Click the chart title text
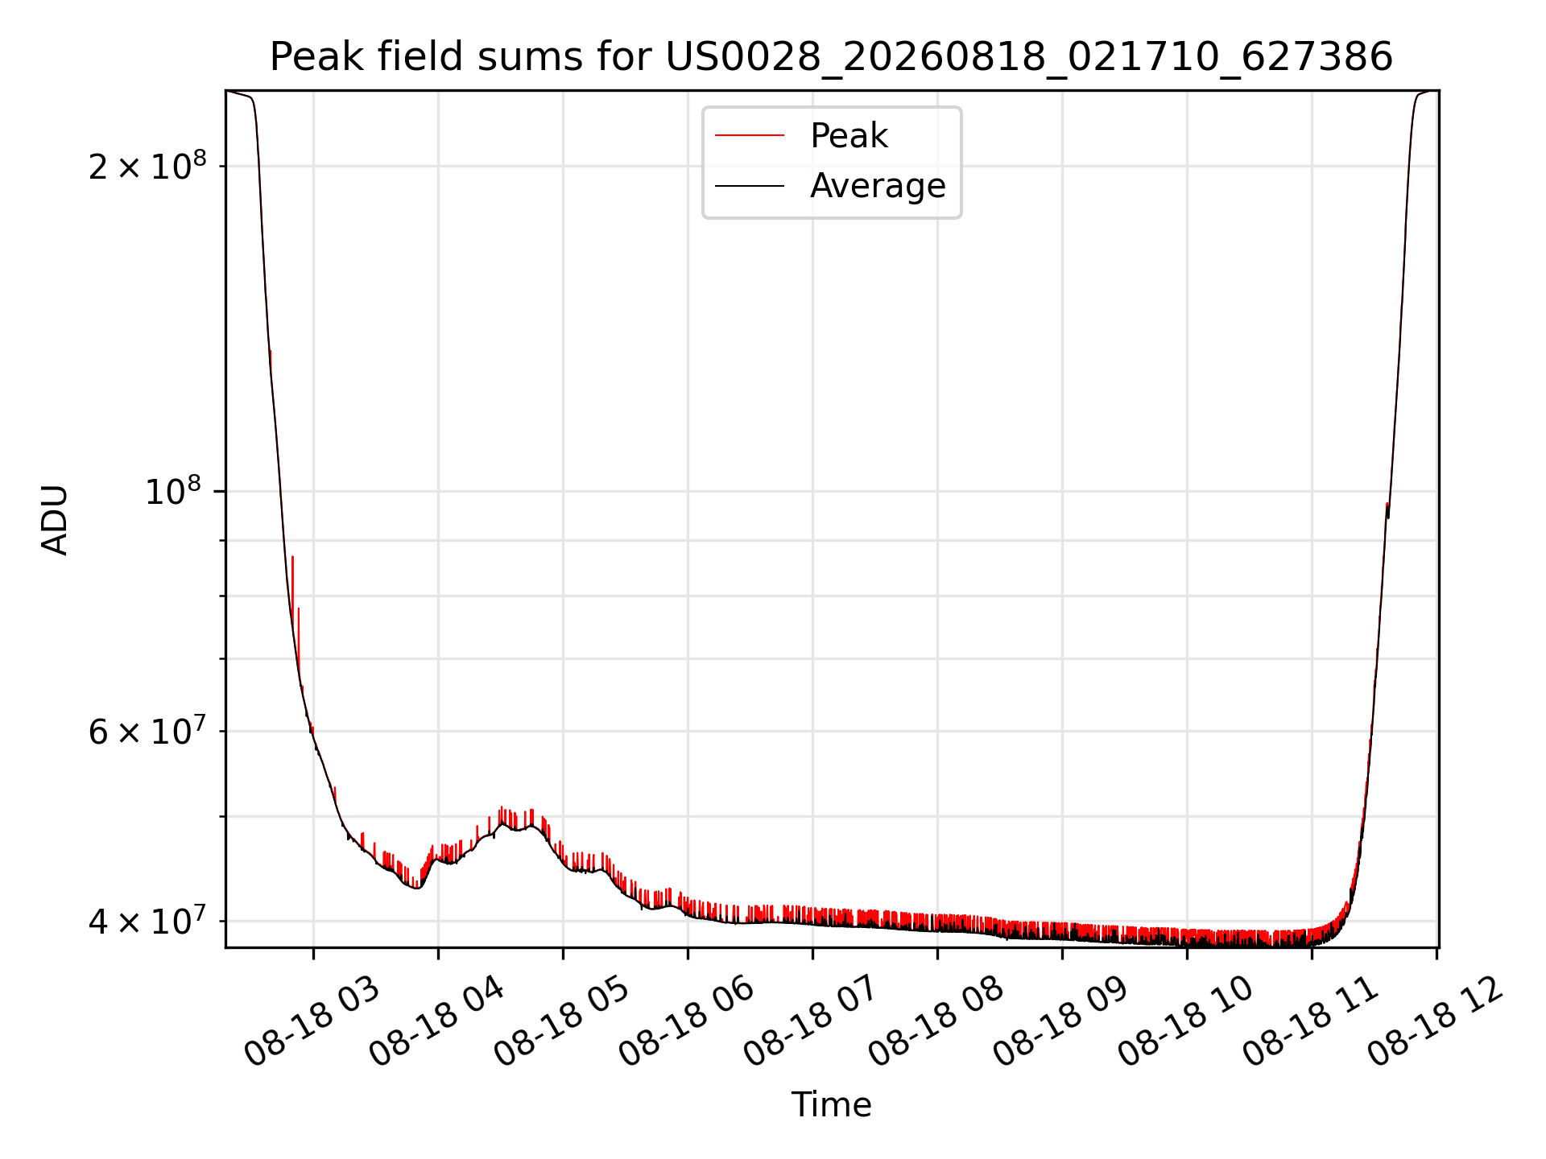click(x=831, y=57)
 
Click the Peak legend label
click(x=849, y=136)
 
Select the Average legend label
click(x=878, y=186)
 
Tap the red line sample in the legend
click(x=750, y=135)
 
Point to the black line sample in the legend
click(x=750, y=186)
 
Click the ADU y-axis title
click(x=55, y=519)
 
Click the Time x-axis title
click(x=831, y=1104)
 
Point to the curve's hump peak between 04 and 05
click(x=502, y=823)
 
